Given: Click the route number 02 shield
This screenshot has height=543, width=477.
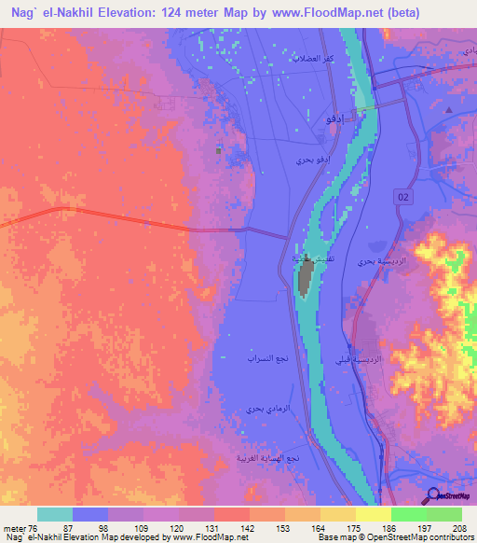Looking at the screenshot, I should click(x=402, y=194).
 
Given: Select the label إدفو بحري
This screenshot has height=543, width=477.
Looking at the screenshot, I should click(x=313, y=161).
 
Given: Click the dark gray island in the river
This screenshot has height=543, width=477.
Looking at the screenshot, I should click(x=305, y=277).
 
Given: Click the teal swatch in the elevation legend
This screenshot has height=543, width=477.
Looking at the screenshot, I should click(x=55, y=514).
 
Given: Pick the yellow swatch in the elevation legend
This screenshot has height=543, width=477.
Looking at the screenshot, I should click(x=373, y=514).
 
